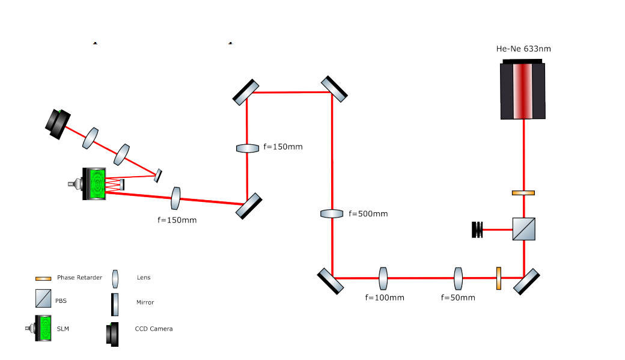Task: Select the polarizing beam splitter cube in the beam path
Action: pyautogui.click(x=523, y=229)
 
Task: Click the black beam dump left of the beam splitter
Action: pyautogui.click(x=478, y=229)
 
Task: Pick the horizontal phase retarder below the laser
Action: pyautogui.click(x=523, y=193)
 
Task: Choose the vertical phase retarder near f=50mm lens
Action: pyautogui.click(x=499, y=278)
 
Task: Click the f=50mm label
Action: pyautogui.click(x=458, y=297)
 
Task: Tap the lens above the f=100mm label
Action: pyautogui.click(x=383, y=278)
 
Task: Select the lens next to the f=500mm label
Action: pyautogui.click(x=332, y=213)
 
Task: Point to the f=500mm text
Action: pyautogui.click(x=368, y=213)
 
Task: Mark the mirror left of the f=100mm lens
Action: pyautogui.click(x=331, y=281)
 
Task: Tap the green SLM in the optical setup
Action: pyautogui.click(x=96, y=183)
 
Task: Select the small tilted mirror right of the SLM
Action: pyautogui.click(x=157, y=175)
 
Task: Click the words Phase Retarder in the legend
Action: pyautogui.click(x=79, y=278)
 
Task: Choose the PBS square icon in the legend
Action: pyautogui.click(x=43, y=297)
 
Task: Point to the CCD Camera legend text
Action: pyautogui.click(x=154, y=329)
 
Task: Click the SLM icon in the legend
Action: pyautogui.click(x=43, y=329)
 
